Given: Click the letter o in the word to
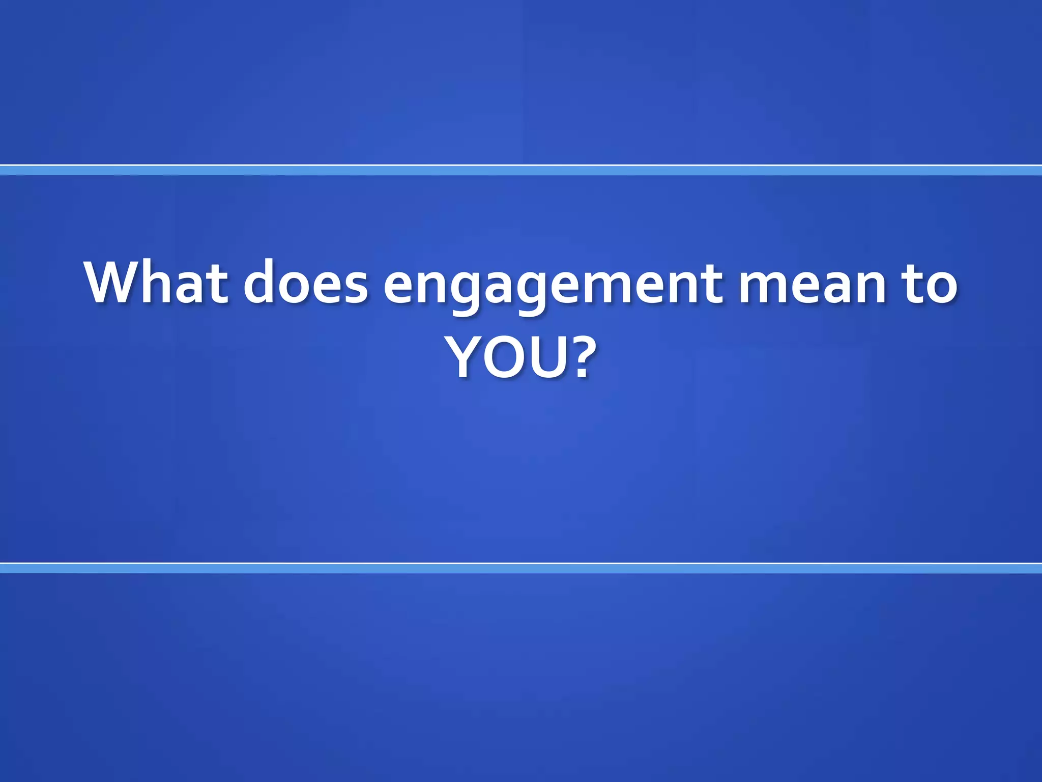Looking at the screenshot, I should [941, 287].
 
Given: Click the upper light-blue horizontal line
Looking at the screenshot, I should [521, 170].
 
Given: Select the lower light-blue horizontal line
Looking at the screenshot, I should [521, 568].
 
